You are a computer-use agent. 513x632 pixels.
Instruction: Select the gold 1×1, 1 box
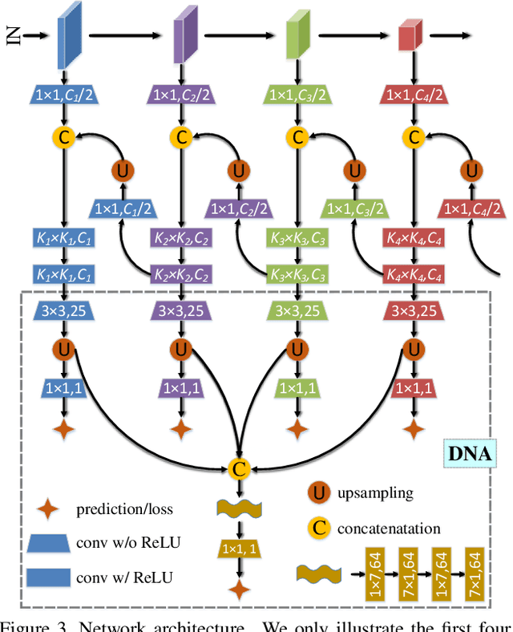pos(238,549)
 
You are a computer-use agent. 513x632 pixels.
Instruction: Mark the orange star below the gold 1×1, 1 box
pos(238,592)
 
